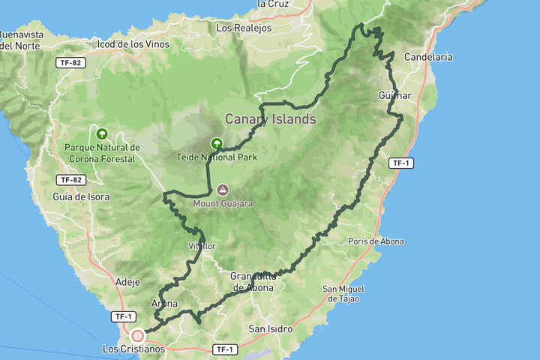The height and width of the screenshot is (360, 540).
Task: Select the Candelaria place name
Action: point(427,56)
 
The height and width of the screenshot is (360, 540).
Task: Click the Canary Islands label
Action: point(271,119)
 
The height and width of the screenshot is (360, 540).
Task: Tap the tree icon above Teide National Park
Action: point(217,142)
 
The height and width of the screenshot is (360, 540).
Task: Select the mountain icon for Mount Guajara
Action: point(222,190)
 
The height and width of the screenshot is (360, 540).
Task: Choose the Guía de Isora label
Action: point(81,197)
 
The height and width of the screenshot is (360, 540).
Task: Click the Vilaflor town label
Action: point(202,246)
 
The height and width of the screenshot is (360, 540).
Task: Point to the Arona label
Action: point(164,304)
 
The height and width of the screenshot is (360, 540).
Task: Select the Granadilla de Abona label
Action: point(253,281)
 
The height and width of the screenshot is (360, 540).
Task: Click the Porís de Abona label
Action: point(376,241)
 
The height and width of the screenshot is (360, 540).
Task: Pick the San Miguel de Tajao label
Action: point(344,293)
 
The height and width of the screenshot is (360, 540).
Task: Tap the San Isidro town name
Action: point(270,328)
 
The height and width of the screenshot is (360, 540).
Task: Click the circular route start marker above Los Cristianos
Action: point(137,335)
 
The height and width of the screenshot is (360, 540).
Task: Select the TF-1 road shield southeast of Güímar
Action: point(401,163)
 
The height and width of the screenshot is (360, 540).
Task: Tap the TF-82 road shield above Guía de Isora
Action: point(69,180)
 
